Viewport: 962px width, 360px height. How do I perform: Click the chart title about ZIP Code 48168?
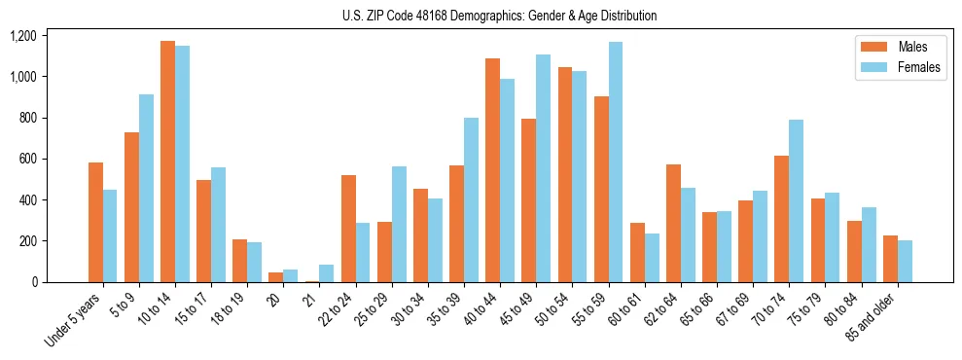[499, 16]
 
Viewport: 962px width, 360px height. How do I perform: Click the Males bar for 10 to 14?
[167, 162]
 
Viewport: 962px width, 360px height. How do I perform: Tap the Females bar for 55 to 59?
[615, 162]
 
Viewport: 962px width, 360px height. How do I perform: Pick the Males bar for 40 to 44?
[492, 170]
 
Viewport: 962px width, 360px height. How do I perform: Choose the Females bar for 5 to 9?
[146, 188]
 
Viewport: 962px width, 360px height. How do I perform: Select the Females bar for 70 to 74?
[796, 200]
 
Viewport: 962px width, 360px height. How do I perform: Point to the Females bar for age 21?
[326, 273]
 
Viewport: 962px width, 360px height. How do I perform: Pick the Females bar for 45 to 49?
[543, 168]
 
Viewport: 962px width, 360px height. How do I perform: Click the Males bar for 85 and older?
[890, 259]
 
